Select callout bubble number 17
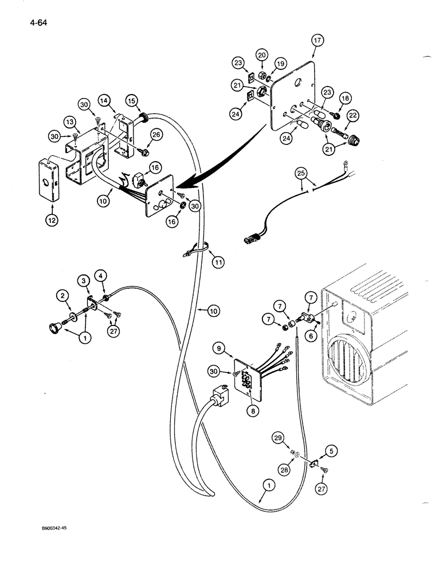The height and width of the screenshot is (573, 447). (x=318, y=41)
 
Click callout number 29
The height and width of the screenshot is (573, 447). (x=279, y=438)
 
